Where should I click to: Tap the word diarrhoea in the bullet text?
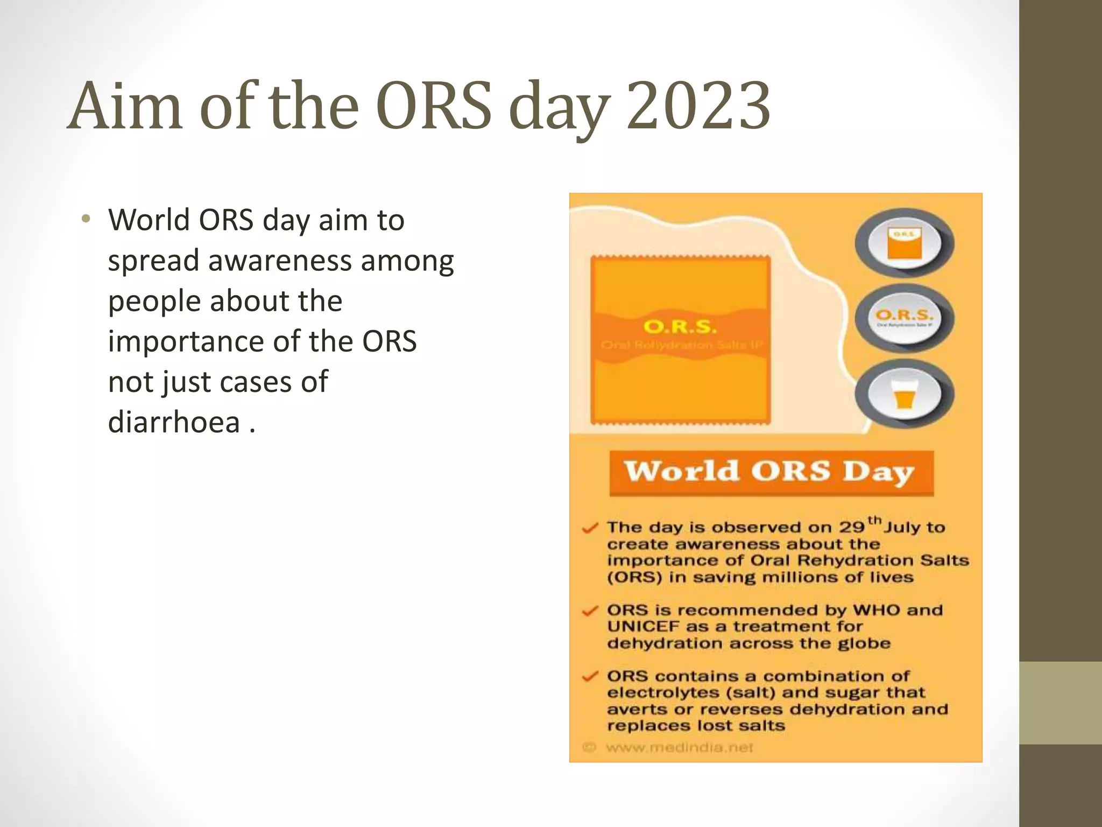pyautogui.click(x=174, y=422)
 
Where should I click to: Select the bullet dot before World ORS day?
pyautogui.click(x=86, y=219)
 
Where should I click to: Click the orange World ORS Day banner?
pyautogui.click(x=771, y=473)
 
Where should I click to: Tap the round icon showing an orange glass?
pyautogui.click(x=904, y=395)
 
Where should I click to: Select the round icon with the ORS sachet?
pyautogui.click(x=904, y=244)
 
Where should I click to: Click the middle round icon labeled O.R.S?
pyautogui.click(x=904, y=319)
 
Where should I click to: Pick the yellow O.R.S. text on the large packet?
pyautogui.click(x=680, y=327)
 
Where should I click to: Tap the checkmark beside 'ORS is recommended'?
pyautogui.click(x=590, y=611)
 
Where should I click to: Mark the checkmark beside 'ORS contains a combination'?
pyautogui.click(x=590, y=676)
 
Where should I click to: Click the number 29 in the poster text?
pyautogui.click(x=852, y=527)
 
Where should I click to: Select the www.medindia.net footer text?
pyautogui.click(x=679, y=747)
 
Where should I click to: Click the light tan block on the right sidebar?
pyautogui.click(x=1061, y=703)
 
